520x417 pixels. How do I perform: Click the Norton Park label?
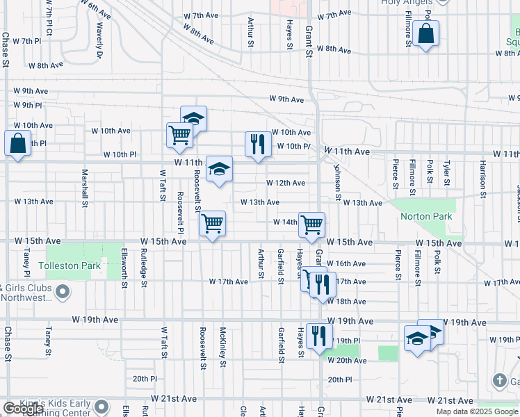[x=426, y=216]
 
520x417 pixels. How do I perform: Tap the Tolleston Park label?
[x=70, y=265]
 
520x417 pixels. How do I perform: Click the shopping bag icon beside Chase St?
[x=17, y=144]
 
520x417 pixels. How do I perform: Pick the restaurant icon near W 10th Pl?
[x=258, y=145]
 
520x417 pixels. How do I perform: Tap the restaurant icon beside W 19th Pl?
[x=319, y=336]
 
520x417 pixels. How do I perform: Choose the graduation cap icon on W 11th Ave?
[x=219, y=169]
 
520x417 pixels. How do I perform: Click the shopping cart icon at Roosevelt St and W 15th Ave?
[x=212, y=224]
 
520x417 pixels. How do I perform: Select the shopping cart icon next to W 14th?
[x=311, y=224]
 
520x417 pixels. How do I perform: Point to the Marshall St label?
[x=85, y=188]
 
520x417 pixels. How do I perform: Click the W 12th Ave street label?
[x=286, y=183]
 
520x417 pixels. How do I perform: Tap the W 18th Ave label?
[x=346, y=302]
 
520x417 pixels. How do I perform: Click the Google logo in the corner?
[x=23, y=409]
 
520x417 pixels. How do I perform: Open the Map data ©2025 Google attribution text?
[x=476, y=411]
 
